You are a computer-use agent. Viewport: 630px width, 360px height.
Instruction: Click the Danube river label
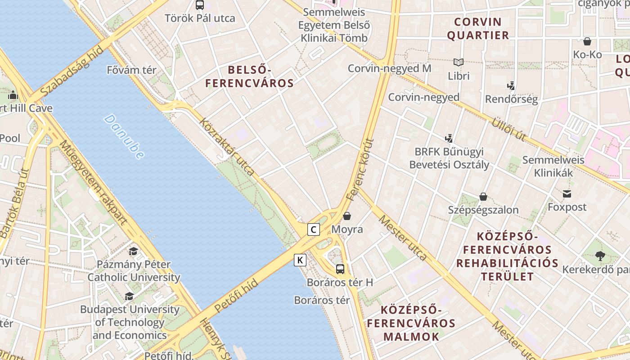coord(124,136)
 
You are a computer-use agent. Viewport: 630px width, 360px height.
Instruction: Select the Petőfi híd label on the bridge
coord(236,296)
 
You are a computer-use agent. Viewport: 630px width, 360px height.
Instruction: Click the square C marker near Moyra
coord(314,229)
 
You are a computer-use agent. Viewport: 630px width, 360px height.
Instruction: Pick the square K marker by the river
coord(300,260)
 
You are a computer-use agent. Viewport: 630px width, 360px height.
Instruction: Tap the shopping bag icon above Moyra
coord(347,216)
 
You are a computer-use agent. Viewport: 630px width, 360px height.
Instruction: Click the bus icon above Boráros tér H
coord(340,269)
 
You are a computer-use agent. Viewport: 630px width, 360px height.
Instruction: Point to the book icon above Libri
coord(459,63)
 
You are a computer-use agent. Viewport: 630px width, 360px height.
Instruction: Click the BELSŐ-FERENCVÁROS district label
coord(249,76)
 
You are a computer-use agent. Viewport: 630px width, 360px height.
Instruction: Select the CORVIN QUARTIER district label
coord(478,28)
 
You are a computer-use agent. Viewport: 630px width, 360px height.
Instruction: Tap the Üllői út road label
coord(508,129)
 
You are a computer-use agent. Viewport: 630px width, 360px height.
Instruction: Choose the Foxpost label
coord(567,207)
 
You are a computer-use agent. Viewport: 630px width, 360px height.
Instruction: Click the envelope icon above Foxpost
coord(567,194)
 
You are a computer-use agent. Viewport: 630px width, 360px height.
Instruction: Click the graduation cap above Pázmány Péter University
coord(133,251)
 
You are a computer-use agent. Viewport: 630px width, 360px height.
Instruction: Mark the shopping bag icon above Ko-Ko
coord(587,42)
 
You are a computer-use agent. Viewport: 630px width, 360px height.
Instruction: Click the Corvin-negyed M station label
coord(389,68)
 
